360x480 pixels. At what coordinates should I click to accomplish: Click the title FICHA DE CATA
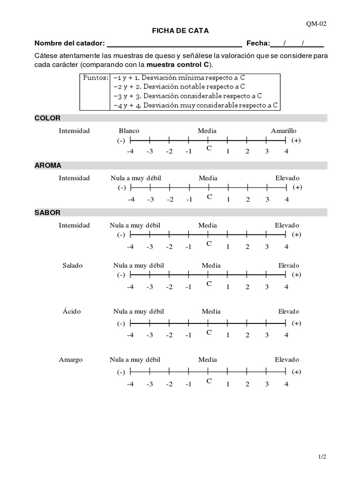[x=180, y=30]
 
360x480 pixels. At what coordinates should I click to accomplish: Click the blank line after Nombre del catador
[x=174, y=44]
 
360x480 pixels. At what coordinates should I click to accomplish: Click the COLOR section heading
[x=47, y=118]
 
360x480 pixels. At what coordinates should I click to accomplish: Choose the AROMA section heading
[x=48, y=165]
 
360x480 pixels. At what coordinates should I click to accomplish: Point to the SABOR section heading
[x=47, y=212]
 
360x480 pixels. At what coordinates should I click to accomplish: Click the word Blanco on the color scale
[x=129, y=131]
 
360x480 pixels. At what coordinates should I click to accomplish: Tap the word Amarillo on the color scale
[x=284, y=131]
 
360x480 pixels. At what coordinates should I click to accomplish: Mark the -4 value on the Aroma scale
[x=131, y=199]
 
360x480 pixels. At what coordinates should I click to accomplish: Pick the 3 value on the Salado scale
[x=267, y=287]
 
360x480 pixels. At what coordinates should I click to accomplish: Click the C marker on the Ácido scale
[x=209, y=332]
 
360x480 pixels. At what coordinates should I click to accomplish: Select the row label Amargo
[x=71, y=360]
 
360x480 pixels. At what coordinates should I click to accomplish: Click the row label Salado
[x=73, y=265]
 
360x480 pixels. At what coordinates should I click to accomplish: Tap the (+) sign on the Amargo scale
[x=296, y=372]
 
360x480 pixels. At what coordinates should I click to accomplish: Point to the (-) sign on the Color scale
[x=121, y=141]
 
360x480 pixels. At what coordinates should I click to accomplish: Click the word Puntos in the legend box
[x=96, y=78]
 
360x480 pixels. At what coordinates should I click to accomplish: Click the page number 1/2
[x=322, y=456]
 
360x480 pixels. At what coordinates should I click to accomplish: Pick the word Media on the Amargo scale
[x=207, y=360]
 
